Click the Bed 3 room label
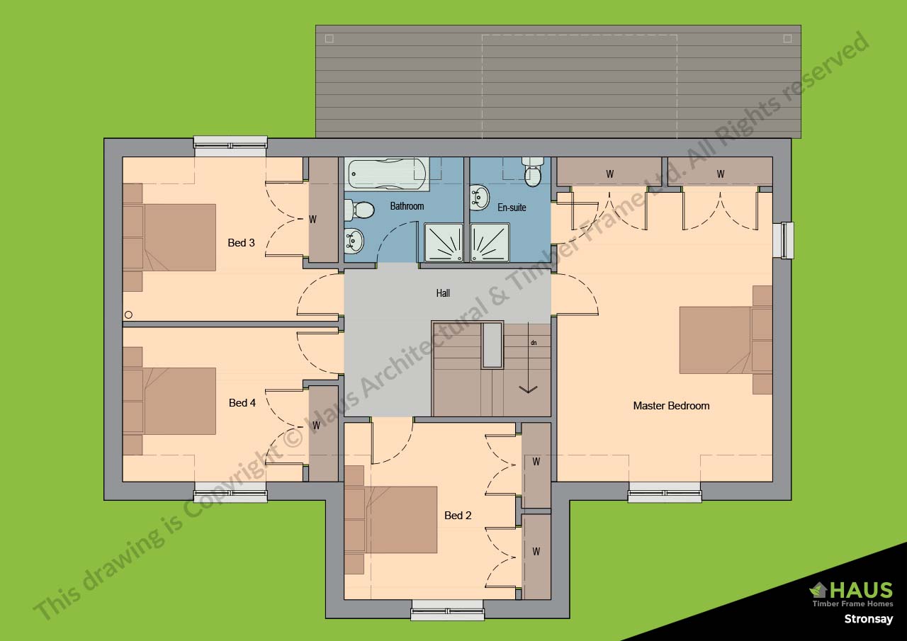[x=241, y=243]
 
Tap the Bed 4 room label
[x=242, y=403]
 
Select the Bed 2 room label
[x=458, y=516]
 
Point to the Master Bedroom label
[x=670, y=406]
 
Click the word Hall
[x=443, y=293]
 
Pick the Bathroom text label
[x=407, y=206]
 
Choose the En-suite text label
[x=512, y=208]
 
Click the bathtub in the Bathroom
[x=387, y=174]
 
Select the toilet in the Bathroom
[x=361, y=210]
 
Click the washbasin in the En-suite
[x=480, y=197]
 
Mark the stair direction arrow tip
[x=528, y=391]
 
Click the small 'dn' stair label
[x=533, y=343]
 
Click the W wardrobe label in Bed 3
[x=312, y=220]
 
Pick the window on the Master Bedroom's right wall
[x=787, y=240]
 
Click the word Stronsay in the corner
[x=868, y=619]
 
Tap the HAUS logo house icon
[x=818, y=589]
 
